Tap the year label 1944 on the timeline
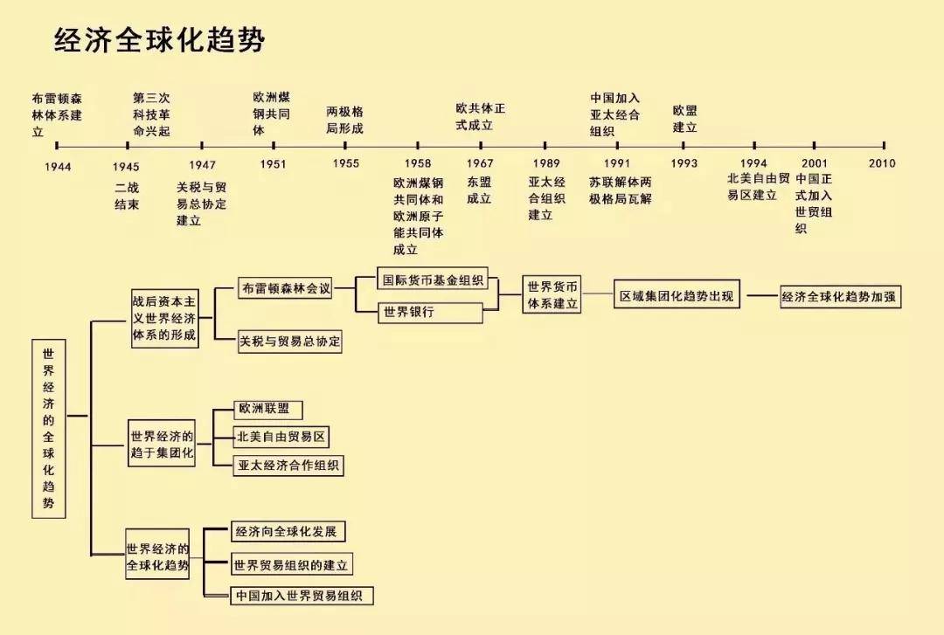click(58, 165)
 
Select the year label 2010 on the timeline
click(882, 163)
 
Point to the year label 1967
click(479, 163)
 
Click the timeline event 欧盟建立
click(684, 119)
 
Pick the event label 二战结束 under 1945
click(127, 196)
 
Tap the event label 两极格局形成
click(344, 121)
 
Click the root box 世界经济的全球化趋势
click(48, 429)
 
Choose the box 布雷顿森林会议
click(286, 288)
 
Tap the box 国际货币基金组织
click(433, 281)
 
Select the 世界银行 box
click(430, 312)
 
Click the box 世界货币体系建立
click(552, 295)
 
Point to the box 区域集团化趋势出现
click(677, 297)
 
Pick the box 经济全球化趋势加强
click(840, 297)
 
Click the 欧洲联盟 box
click(269, 409)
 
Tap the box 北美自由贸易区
click(283, 437)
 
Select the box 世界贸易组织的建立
click(291, 565)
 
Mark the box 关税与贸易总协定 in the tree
click(289, 342)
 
